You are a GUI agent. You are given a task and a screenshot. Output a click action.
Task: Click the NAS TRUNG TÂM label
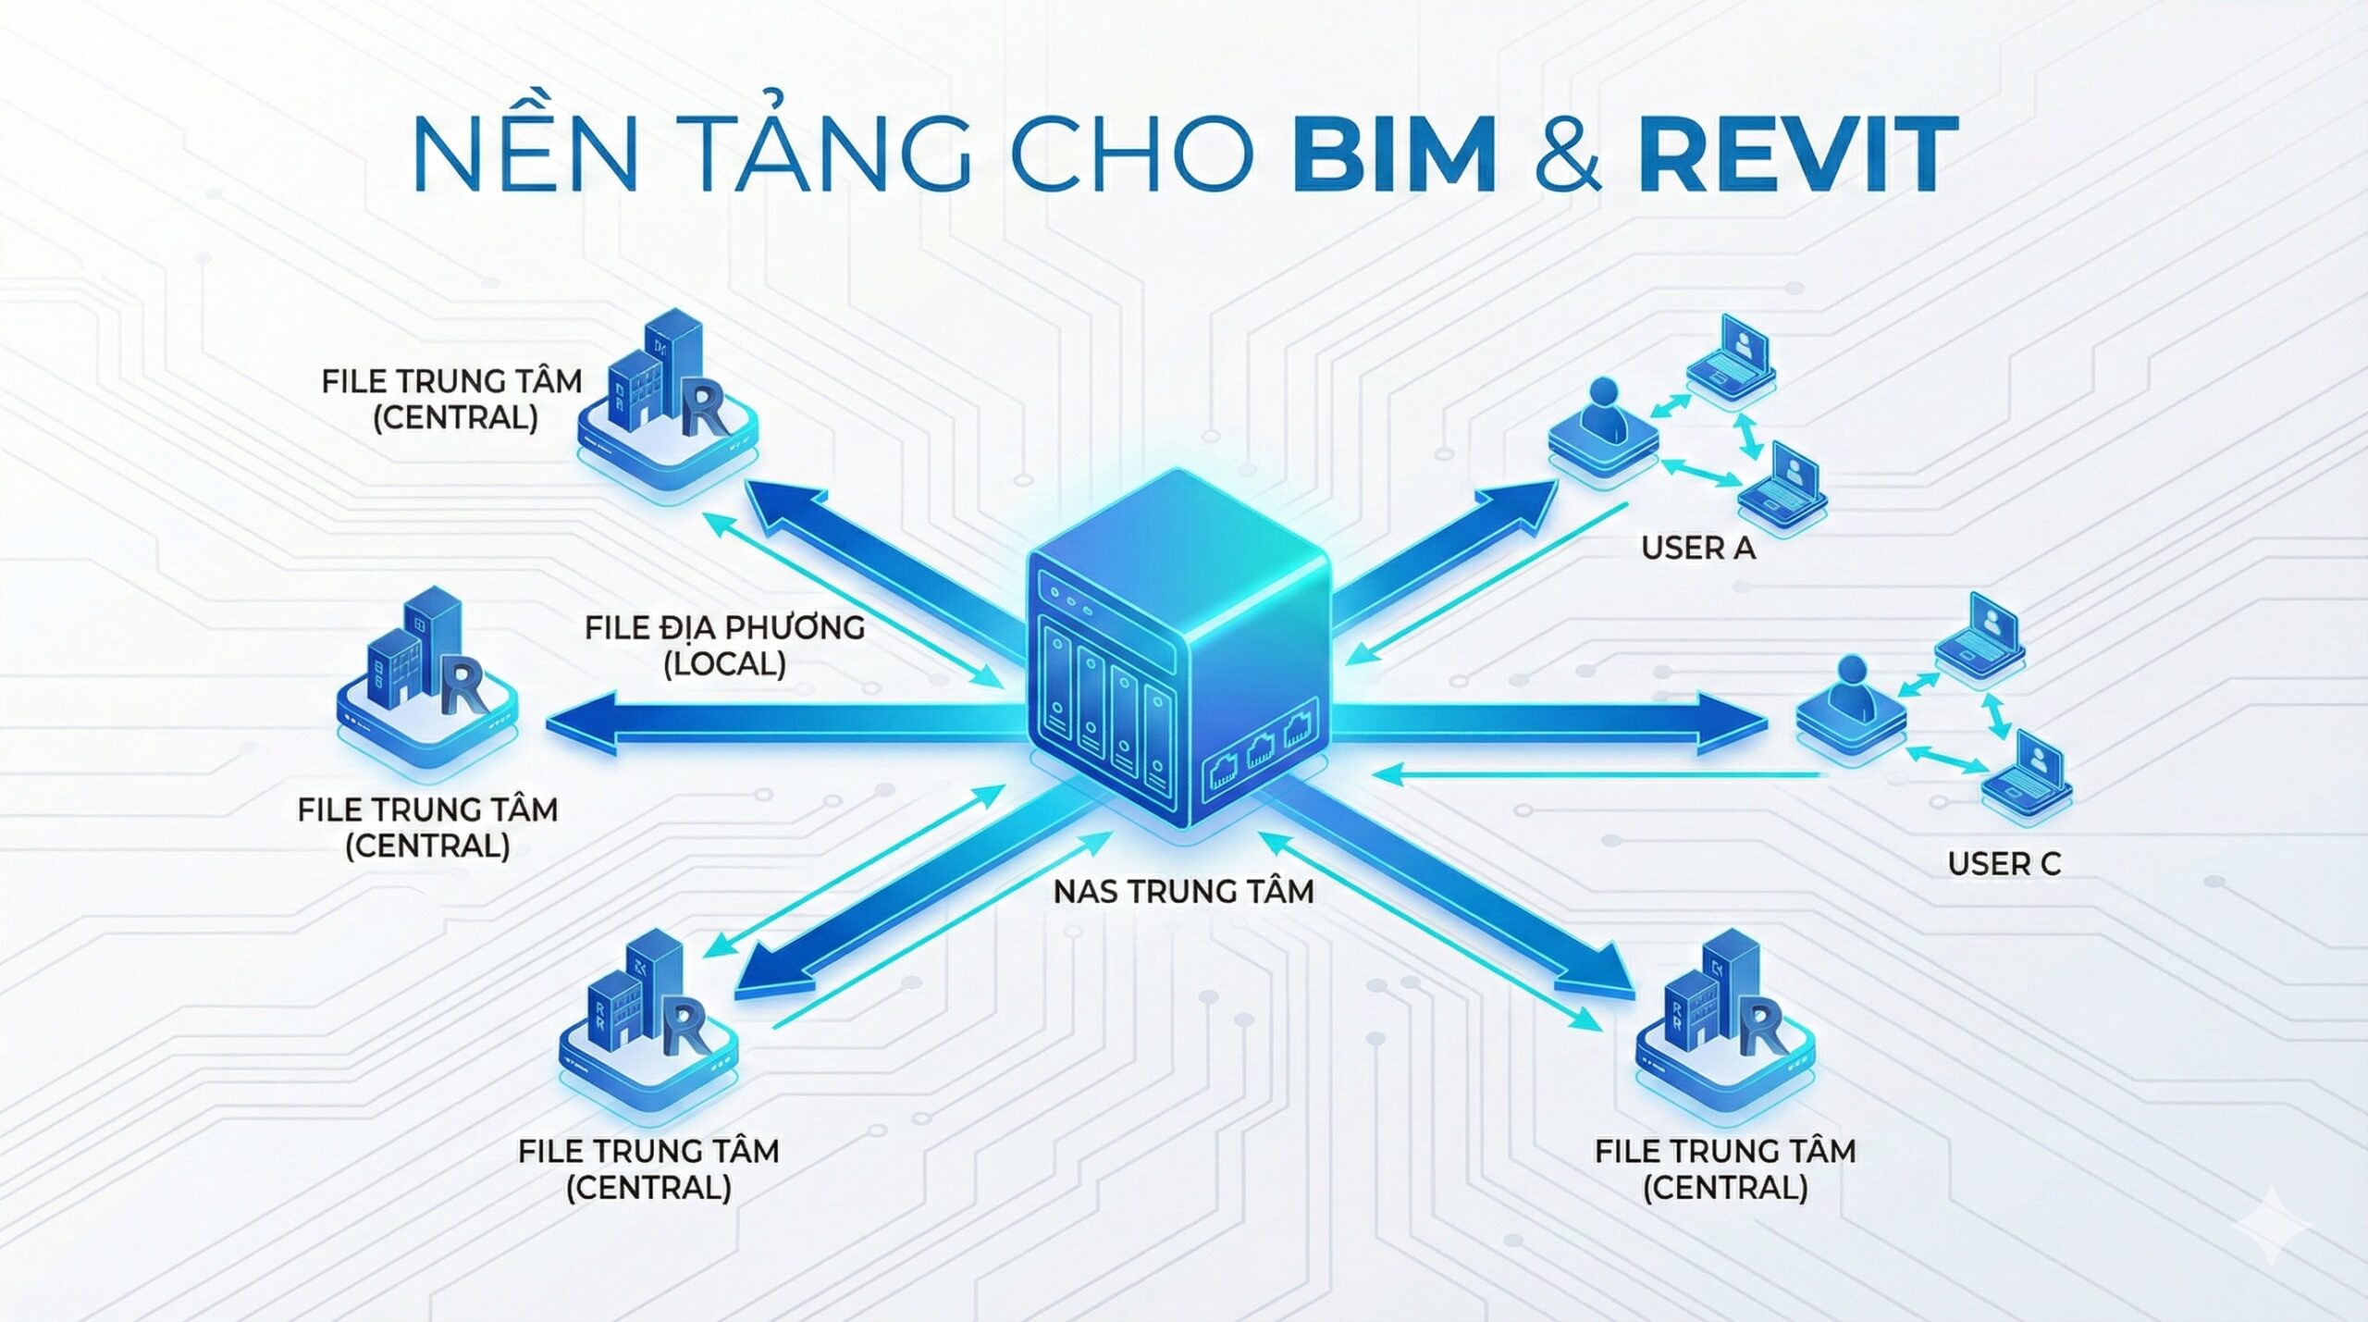1183,891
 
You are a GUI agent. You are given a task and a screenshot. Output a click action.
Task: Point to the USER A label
1697,548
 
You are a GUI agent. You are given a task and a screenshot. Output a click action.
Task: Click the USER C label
2004,863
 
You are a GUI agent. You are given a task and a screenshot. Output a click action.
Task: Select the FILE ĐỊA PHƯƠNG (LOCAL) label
724,645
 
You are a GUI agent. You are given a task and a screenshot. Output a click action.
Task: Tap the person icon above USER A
1603,421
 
